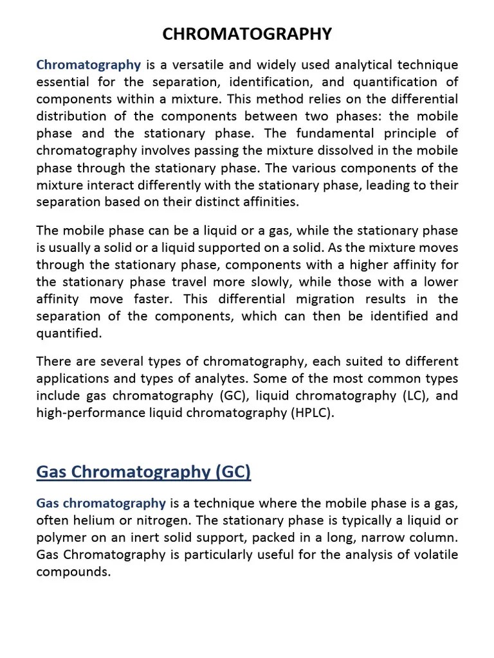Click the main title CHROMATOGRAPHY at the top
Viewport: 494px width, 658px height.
click(247, 34)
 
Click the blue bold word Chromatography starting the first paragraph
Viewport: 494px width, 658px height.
click(89, 65)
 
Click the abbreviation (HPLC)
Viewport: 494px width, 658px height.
click(313, 413)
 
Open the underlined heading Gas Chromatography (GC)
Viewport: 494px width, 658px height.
click(143, 473)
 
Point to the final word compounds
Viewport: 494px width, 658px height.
click(74, 572)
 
